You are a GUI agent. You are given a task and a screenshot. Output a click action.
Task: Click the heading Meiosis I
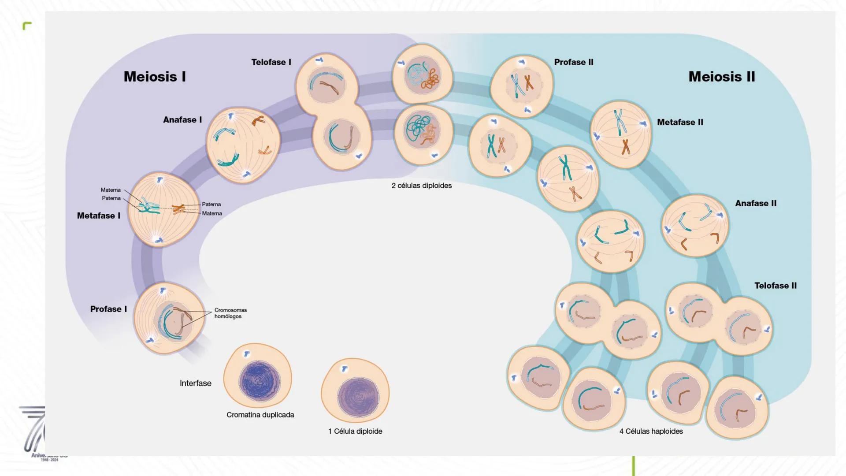155,77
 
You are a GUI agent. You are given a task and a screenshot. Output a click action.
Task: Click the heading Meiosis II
722,77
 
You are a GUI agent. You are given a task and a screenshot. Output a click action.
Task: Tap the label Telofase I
271,62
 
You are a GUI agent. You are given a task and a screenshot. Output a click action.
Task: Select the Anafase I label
182,120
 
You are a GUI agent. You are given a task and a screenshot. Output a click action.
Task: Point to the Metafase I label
98,216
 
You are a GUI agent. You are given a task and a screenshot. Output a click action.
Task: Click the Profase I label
108,309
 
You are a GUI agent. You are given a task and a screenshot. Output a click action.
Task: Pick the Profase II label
574,62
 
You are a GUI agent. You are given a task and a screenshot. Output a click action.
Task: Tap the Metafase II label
680,122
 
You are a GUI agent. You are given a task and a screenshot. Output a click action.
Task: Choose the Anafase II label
756,203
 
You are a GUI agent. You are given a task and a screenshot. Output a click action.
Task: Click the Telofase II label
775,286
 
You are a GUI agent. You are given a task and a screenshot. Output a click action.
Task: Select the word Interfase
195,383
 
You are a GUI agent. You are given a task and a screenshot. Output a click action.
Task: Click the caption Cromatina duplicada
260,415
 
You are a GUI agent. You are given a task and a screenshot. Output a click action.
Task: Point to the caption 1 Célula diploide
355,431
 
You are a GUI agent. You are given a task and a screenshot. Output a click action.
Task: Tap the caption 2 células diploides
422,186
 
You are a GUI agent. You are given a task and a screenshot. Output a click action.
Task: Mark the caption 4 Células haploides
651,431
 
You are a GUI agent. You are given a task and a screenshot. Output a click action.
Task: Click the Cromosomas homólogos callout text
230,313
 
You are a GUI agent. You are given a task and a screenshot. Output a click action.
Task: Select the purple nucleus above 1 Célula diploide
358,397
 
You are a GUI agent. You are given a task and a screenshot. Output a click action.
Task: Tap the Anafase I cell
243,145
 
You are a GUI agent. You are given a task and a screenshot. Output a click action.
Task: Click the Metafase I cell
163,209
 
